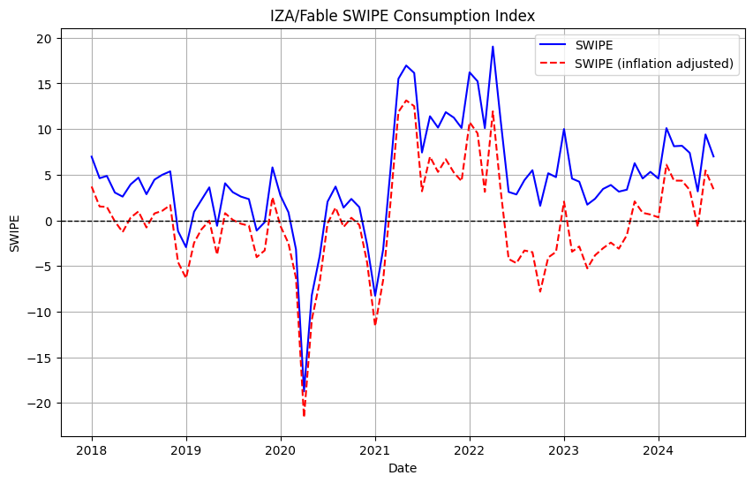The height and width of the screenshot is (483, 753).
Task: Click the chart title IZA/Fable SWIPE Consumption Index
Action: coord(402,16)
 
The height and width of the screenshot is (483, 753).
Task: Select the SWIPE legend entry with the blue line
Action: coord(601,44)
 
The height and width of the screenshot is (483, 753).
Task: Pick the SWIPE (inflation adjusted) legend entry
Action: coord(653,63)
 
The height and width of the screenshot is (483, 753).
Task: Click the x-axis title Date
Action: coord(402,468)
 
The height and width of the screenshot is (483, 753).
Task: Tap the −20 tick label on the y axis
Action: coord(41,404)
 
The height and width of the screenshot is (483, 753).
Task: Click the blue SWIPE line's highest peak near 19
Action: coord(493,47)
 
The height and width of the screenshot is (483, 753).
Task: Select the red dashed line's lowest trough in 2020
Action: coord(304,416)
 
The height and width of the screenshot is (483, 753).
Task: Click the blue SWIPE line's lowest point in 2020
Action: coord(304,389)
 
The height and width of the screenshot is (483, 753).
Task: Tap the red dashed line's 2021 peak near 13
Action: coord(406,101)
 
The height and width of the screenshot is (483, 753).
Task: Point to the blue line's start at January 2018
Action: coord(92,157)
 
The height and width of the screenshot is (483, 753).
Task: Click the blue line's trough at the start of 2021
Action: coord(375,296)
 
